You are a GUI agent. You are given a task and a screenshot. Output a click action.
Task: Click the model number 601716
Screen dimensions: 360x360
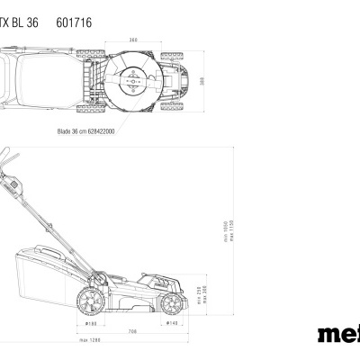pos(74,20)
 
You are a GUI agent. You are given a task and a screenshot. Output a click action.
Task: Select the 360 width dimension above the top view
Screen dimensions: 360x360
pos(133,40)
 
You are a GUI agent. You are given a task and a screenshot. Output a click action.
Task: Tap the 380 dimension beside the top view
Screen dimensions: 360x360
pos(203,80)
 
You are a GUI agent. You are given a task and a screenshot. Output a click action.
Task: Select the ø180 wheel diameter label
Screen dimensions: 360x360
pos(91,322)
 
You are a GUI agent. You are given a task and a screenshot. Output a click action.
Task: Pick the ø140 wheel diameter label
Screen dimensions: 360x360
pos(171,322)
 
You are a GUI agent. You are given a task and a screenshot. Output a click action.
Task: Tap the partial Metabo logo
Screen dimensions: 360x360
pos(338,334)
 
